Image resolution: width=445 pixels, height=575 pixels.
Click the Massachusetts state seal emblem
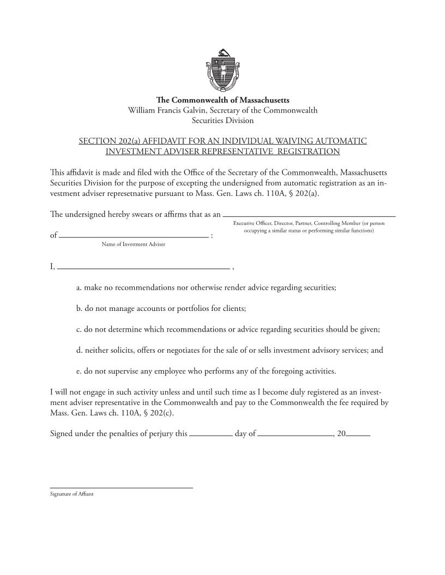click(x=222, y=70)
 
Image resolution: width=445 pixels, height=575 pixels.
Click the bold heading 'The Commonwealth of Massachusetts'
click(x=222, y=100)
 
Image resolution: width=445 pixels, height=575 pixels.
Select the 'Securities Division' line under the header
click(x=222, y=120)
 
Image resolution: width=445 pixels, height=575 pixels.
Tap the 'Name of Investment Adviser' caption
click(x=133, y=244)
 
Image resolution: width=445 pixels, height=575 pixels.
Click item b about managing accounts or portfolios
click(x=161, y=308)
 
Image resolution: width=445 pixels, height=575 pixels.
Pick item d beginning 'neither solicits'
click(x=230, y=351)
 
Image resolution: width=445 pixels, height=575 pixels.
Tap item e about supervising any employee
click(x=206, y=372)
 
